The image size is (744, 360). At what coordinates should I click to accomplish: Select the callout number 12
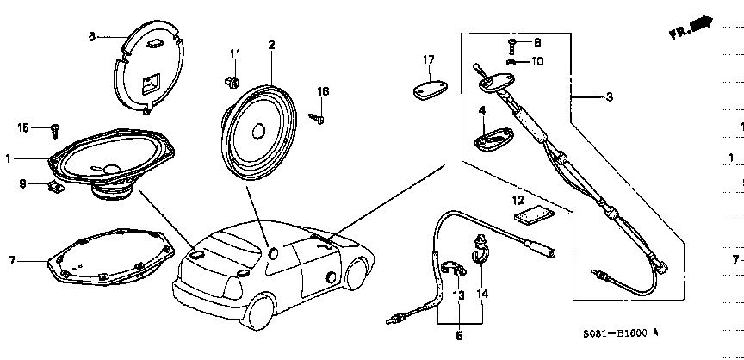[x=518, y=200]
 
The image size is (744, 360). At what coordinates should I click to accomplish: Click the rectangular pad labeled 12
[x=531, y=215]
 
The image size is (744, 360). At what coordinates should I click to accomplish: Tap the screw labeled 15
[x=53, y=129]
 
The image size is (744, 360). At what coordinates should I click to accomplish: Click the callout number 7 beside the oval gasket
[x=12, y=259]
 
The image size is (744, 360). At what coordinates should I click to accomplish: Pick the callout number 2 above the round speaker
[x=271, y=44]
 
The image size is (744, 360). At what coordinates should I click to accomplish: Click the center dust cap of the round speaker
[x=257, y=130]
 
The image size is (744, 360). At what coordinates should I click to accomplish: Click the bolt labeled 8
[x=512, y=43]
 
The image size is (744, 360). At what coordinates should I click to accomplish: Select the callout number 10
[x=537, y=61]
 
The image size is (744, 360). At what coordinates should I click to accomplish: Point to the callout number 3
[x=609, y=97]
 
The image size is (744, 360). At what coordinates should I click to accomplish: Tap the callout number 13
[x=459, y=295]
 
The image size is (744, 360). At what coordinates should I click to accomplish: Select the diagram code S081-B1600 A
[x=619, y=332]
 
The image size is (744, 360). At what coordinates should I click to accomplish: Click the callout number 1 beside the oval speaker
[x=9, y=158]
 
